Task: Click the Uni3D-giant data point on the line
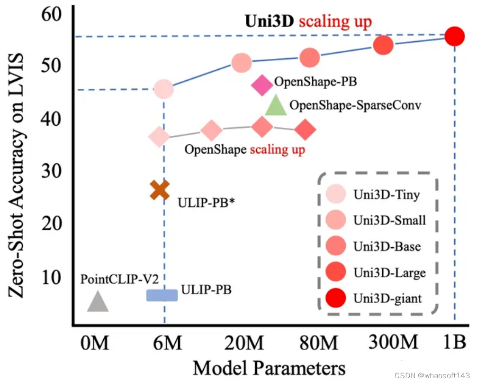pos(454,36)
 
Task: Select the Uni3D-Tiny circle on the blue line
pos(164,88)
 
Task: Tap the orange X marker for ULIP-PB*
pos(160,190)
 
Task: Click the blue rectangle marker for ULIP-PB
pos(162,295)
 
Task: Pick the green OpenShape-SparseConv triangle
pos(276,106)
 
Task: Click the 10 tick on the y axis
pos(53,277)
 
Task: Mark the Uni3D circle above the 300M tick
pos(383,45)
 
